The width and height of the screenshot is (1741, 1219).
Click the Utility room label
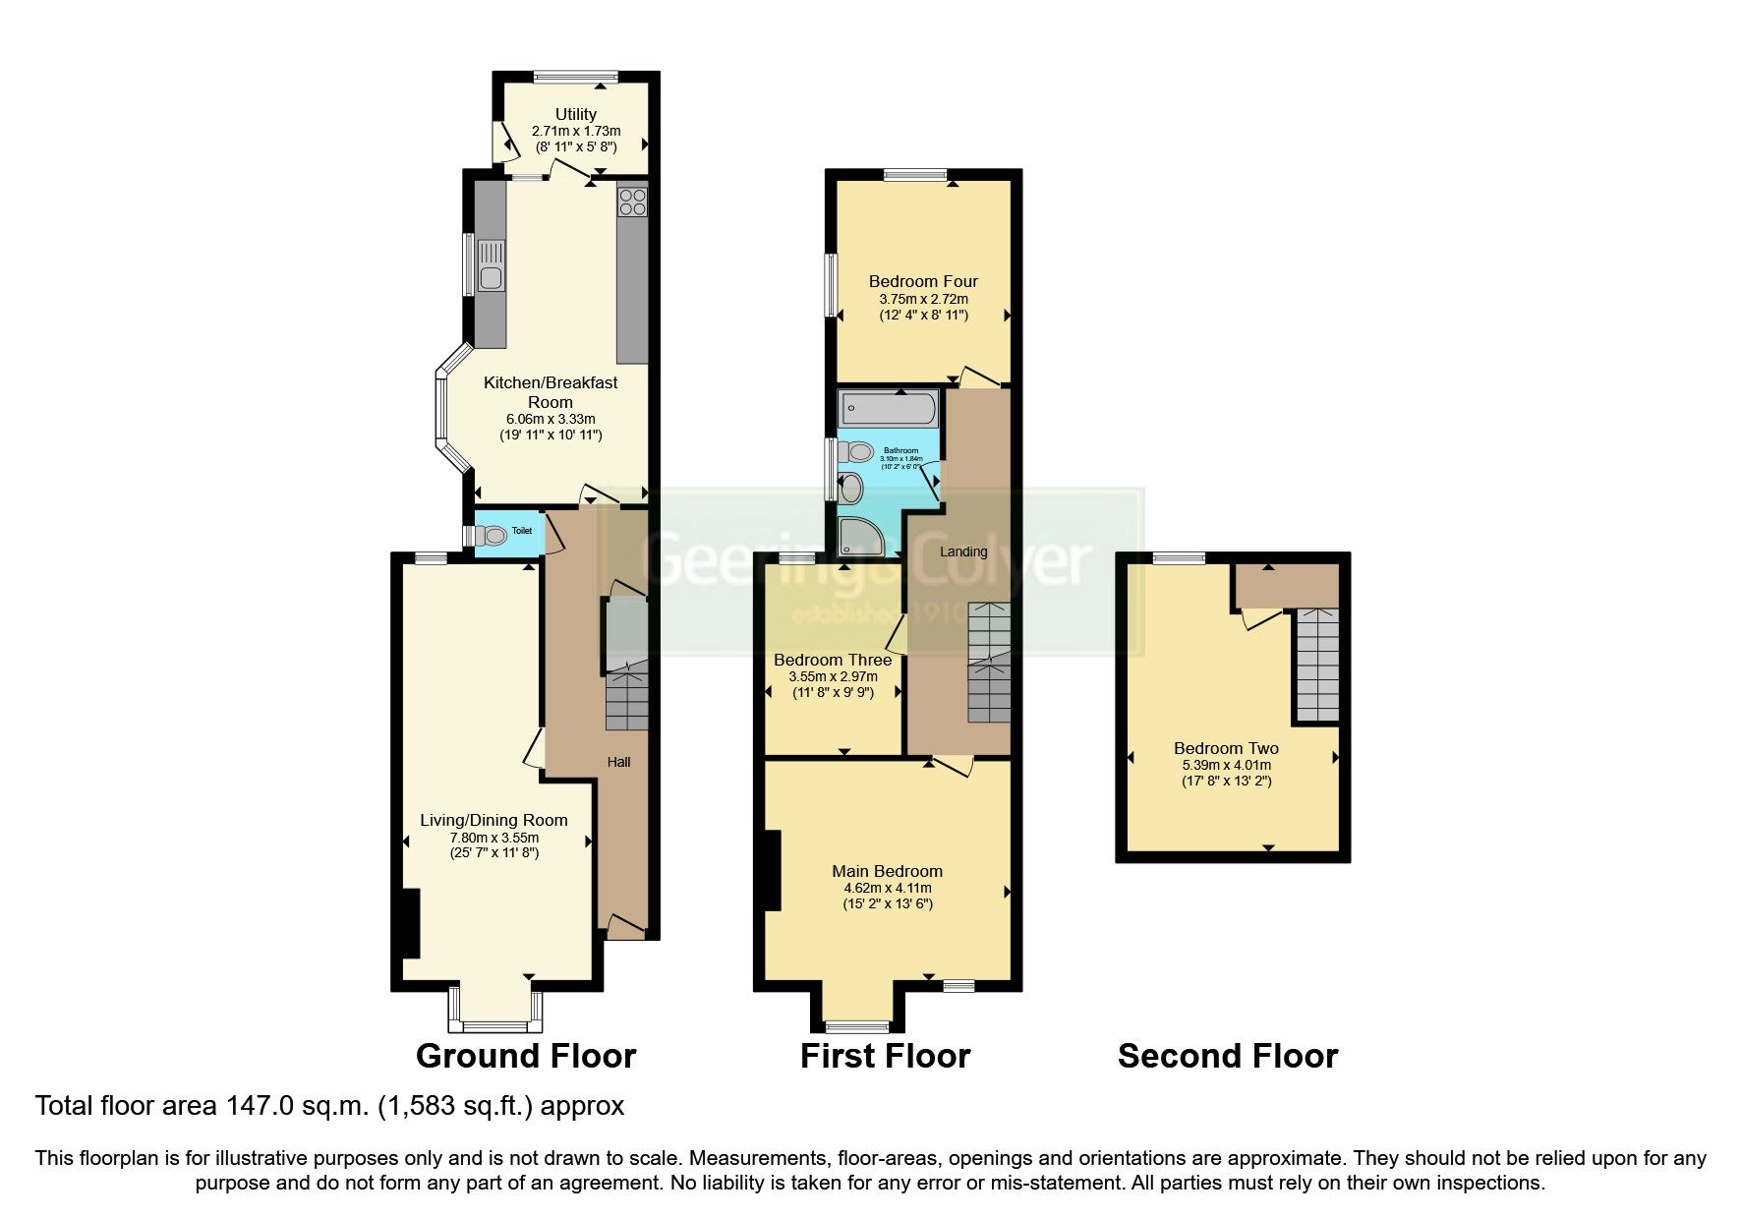tap(575, 115)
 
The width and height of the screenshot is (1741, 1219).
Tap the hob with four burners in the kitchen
tap(632, 202)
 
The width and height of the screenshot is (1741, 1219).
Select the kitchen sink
tap(490, 266)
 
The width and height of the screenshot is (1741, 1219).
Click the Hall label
tap(618, 762)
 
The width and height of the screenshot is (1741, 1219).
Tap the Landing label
tap(963, 551)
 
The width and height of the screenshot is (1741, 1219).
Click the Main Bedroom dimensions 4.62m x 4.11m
tap(887, 889)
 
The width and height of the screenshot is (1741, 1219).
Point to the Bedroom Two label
tap(1226, 748)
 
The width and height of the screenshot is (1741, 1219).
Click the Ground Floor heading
tap(526, 1056)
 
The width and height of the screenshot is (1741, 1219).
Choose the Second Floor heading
tap(1228, 1056)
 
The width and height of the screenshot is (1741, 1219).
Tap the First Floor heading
tap(885, 1056)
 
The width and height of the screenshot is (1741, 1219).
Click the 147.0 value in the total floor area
tap(258, 1106)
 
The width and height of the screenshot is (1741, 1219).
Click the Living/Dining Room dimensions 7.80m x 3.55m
tap(493, 838)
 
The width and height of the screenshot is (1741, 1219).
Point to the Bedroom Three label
tap(833, 660)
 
